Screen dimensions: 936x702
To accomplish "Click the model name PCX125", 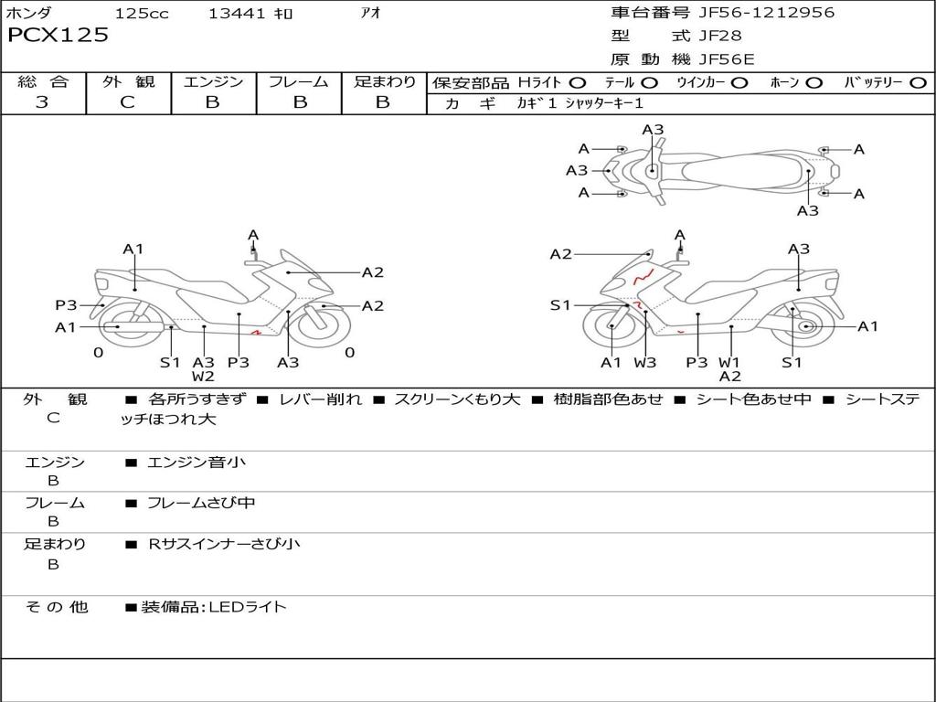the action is (x=58, y=35).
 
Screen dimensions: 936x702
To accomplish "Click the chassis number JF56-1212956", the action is (x=767, y=13).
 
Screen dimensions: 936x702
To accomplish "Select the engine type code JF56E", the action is (x=727, y=59).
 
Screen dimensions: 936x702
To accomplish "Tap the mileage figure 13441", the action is (x=237, y=13).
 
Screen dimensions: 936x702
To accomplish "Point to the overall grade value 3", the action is (x=42, y=101).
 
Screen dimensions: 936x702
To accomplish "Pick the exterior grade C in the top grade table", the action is (x=127, y=101).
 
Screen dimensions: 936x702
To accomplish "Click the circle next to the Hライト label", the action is (x=578, y=83).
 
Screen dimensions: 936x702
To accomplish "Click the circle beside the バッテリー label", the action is (x=918, y=83).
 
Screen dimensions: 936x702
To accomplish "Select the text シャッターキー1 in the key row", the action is (x=604, y=103).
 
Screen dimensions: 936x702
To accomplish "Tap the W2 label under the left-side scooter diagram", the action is (x=203, y=376).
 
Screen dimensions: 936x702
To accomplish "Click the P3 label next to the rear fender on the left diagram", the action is (x=66, y=305).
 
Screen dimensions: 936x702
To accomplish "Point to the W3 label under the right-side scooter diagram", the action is (x=644, y=362).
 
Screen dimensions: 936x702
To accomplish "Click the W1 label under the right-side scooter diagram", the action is (x=729, y=362).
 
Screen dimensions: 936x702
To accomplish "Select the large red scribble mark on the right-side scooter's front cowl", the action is (x=643, y=276).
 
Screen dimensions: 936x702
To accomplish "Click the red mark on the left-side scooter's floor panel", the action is (x=256, y=332).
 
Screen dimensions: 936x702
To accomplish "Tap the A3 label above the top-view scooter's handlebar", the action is (x=653, y=130).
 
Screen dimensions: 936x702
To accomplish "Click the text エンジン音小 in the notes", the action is (x=196, y=462).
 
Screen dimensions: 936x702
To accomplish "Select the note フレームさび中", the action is (x=201, y=504).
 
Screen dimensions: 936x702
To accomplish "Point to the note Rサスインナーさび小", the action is (x=224, y=544).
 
